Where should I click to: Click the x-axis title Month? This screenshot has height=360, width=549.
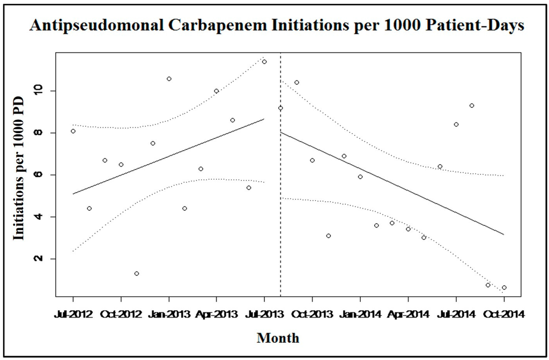tap(278, 338)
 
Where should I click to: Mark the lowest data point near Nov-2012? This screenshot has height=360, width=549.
tap(137, 274)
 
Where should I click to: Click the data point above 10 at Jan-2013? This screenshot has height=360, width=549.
tap(169, 79)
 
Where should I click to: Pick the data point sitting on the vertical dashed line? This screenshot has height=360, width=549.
tap(280, 108)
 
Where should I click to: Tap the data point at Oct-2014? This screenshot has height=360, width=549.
tap(504, 288)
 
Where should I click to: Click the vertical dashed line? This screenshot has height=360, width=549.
tap(280, 215)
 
